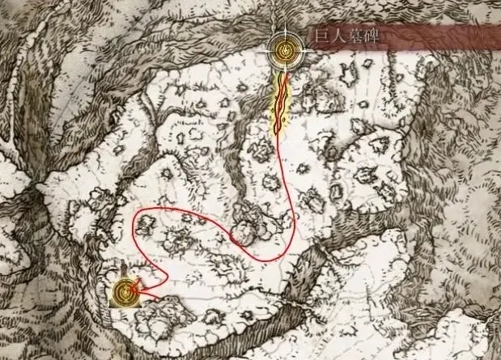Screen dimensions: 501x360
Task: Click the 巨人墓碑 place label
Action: pos(346,37)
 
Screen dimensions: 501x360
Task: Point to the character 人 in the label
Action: pos(337,37)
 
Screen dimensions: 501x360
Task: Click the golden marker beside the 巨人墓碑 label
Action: pos(285,49)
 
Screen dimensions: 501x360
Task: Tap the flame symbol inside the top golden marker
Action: pos(285,49)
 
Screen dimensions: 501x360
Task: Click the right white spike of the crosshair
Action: pos(309,49)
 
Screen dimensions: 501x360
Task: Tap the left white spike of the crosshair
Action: pos(261,49)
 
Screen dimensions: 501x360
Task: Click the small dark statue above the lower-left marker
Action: pos(121,269)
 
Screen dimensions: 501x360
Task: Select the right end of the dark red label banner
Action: pos(495,37)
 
